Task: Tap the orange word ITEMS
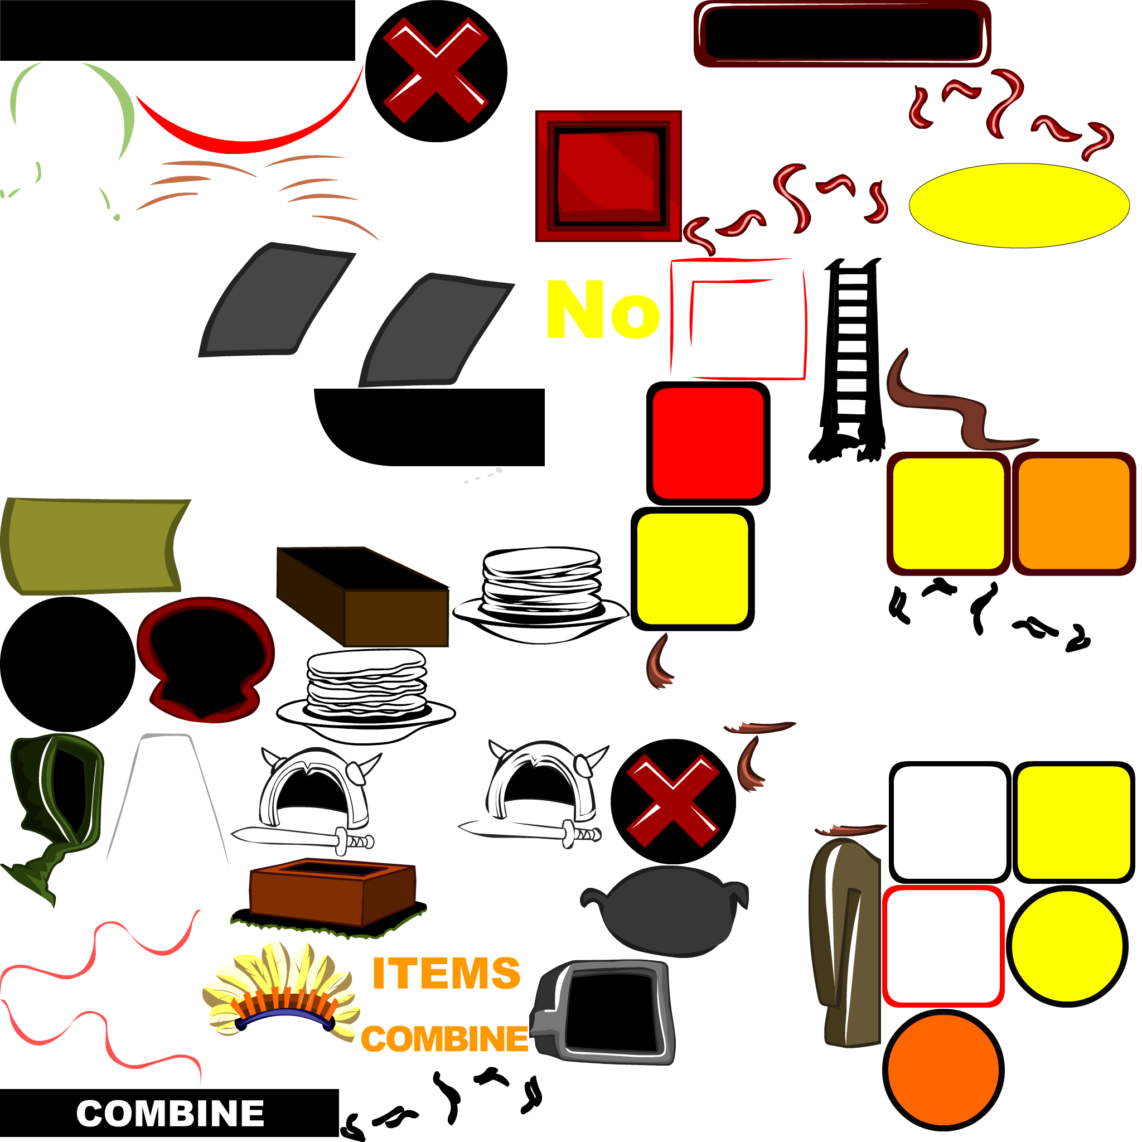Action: tap(446, 974)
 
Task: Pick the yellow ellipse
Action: tap(1018, 205)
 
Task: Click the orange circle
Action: tap(943, 1070)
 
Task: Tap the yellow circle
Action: tap(1066, 946)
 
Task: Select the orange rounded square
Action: tap(1073, 513)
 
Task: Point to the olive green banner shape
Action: tap(91, 545)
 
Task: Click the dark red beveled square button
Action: tap(608, 176)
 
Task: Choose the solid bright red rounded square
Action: tap(708, 443)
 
